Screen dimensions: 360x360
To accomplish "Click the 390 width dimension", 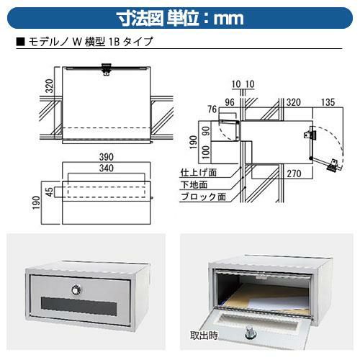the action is [x=107, y=157].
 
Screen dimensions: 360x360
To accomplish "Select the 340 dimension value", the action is [x=107, y=168].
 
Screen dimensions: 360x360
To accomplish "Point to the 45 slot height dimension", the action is [x=49, y=192].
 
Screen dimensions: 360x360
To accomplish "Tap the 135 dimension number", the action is [x=328, y=102].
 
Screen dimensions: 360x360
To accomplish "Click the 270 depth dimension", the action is [x=294, y=174].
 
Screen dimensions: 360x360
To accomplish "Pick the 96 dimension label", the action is [x=230, y=102].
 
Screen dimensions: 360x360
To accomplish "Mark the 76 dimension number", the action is [x=212, y=109].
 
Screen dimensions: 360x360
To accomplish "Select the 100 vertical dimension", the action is [x=206, y=153].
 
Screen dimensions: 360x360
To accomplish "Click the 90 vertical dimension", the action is [x=206, y=131].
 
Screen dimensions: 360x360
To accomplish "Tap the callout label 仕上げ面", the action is [x=199, y=172].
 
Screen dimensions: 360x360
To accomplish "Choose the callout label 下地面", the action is [x=194, y=184].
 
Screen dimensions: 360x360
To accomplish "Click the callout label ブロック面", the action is [x=203, y=197].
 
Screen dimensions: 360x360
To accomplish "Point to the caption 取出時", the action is [x=204, y=335].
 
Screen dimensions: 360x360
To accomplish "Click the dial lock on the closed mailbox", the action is [x=76, y=290].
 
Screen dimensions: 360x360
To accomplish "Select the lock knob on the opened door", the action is [x=249, y=333].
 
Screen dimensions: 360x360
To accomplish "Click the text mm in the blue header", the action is [x=228, y=19].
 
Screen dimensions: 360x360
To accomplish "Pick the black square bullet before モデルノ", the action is [x=20, y=42].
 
